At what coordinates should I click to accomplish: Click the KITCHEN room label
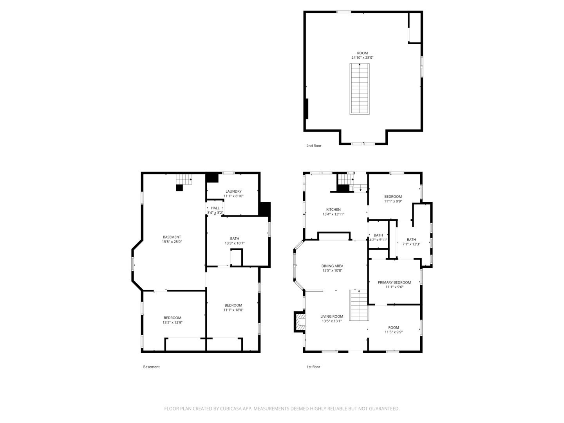(x=333, y=209)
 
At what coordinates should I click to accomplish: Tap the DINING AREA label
(x=332, y=266)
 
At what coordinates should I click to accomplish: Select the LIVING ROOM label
(x=331, y=316)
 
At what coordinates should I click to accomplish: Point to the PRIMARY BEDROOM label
(x=394, y=282)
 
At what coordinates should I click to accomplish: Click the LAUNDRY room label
(x=233, y=192)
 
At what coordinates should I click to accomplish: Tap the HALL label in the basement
(x=215, y=208)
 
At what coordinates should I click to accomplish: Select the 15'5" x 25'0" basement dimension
(x=172, y=242)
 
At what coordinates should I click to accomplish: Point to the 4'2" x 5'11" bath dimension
(x=378, y=240)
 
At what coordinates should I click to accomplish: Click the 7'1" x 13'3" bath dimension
(x=411, y=244)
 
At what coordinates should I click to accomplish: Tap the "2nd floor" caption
(x=313, y=146)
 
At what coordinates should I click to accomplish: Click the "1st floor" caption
(x=313, y=367)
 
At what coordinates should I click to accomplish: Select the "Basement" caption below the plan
(x=151, y=367)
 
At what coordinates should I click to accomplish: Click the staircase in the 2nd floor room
(x=359, y=89)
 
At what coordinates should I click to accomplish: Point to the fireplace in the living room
(x=300, y=322)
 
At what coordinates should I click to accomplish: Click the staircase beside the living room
(x=359, y=305)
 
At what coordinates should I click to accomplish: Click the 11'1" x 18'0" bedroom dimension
(x=233, y=310)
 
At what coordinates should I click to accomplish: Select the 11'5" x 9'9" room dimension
(x=393, y=332)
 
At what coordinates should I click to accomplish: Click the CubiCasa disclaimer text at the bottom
(x=282, y=409)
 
